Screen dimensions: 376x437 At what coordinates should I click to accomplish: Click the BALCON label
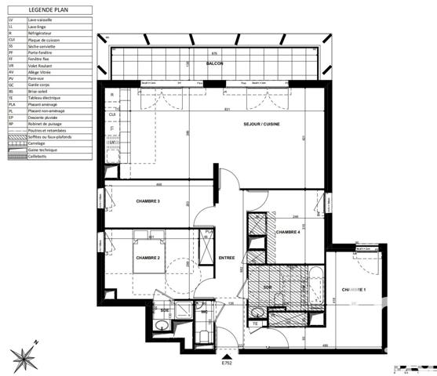(x=215, y=63)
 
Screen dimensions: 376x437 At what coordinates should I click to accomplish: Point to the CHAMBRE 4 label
(x=288, y=232)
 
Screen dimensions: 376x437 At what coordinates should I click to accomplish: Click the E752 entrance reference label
(x=228, y=362)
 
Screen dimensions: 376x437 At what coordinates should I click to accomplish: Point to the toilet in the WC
(x=202, y=336)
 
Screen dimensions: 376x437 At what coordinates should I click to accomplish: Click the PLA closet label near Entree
(x=208, y=232)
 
